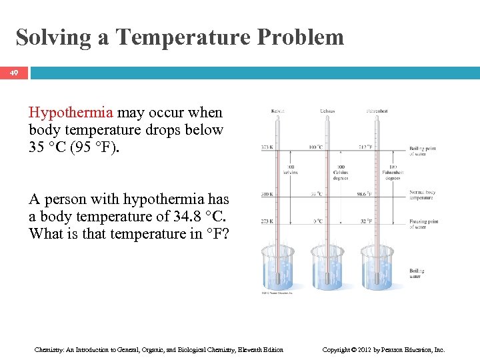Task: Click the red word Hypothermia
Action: coord(71,113)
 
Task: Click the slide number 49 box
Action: coord(14,72)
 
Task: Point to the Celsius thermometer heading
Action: coord(327,111)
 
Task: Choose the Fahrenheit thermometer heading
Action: coord(377,111)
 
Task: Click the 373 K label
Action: coord(267,147)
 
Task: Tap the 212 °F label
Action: coord(365,147)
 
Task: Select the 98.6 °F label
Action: coord(364,194)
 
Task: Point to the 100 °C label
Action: coord(315,147)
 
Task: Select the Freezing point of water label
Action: coord(424,223)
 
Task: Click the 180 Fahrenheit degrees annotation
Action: coord(392,172)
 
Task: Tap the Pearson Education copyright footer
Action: coord(383,349)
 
